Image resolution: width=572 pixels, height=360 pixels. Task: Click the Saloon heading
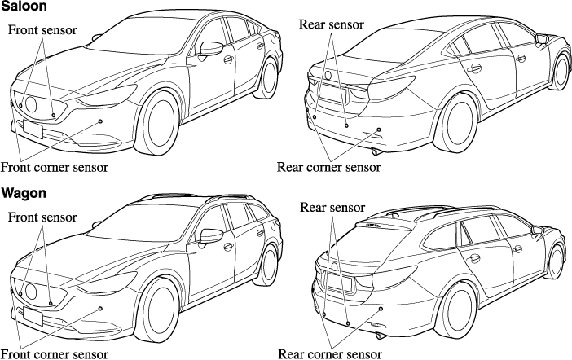(24, 7)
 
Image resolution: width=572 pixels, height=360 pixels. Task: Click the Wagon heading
(23, 194)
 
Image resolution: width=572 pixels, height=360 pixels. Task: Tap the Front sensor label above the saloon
(42, 30)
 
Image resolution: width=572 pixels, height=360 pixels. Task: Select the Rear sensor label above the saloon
(332, 24)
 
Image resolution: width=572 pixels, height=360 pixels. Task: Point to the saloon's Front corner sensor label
(55, 167)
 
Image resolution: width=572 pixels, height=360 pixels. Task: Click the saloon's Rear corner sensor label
(328, 167)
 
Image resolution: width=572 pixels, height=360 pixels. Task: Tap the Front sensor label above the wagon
(42, 217)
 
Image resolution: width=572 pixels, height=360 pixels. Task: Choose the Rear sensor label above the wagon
(332, 208)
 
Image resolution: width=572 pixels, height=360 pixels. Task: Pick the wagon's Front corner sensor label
(55, 354)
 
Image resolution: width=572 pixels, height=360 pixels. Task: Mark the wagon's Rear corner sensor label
(329, 354)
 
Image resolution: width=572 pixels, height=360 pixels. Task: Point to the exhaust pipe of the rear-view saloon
(376, 151)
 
